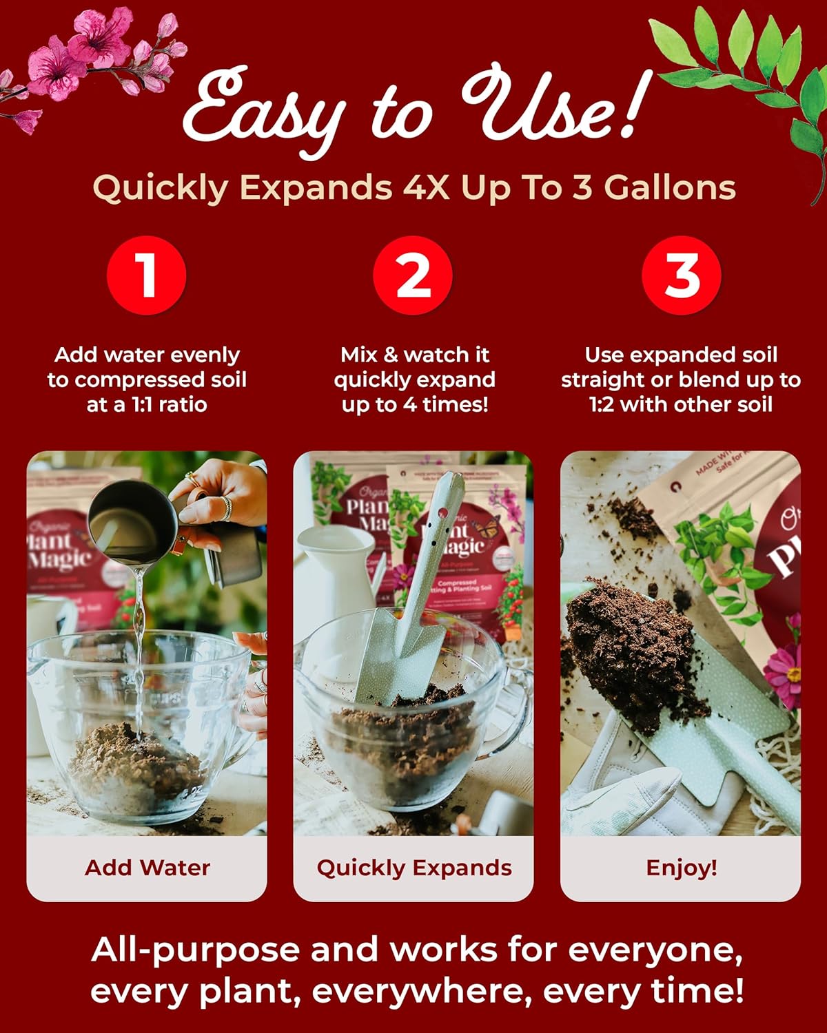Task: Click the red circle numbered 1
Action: [146, 275]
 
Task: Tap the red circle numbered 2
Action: [413, 275]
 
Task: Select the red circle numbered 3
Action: [681, 275]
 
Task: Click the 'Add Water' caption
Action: [147, 867]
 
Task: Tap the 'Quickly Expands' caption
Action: [413, 867]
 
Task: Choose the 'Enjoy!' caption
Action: [681, 867]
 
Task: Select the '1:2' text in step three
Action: [603, 404]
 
